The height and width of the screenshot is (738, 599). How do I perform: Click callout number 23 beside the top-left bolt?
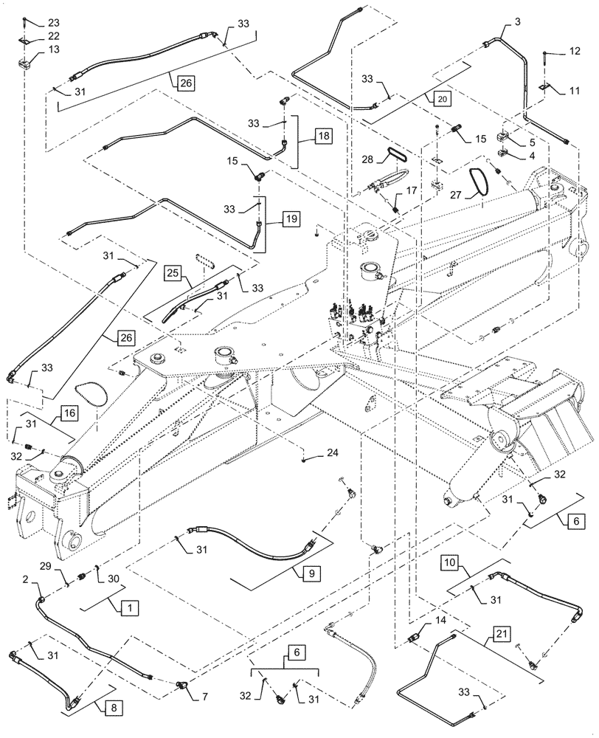[x=34, y=22]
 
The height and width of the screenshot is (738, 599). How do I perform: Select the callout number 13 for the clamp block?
[x=34, y=49]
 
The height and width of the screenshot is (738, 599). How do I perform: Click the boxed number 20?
[x=440, y=97]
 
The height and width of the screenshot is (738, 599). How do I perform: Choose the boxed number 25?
[x=173, y=273]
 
